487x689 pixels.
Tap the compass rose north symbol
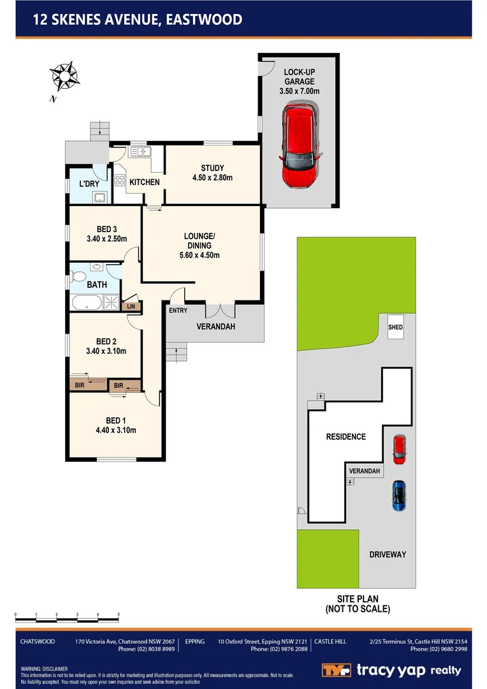coord(64,76)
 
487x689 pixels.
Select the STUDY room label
coord(212,168)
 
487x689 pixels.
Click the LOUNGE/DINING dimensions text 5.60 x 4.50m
coord(200,255)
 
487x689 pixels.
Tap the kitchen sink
coord(138,152)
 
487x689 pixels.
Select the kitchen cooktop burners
coord(119,179)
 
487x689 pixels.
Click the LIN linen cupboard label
coord(131,307)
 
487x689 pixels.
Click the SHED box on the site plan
coord(395,327)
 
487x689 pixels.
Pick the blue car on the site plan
coord(399,496)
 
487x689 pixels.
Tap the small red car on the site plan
coord(399,448)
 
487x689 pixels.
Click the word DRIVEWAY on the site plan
coord(388,554)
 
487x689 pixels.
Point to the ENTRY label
coord(178,311)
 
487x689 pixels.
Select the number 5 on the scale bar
coord(119,614)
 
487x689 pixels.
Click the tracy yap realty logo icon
coord(336,670)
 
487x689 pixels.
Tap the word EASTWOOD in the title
coord(204,20)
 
